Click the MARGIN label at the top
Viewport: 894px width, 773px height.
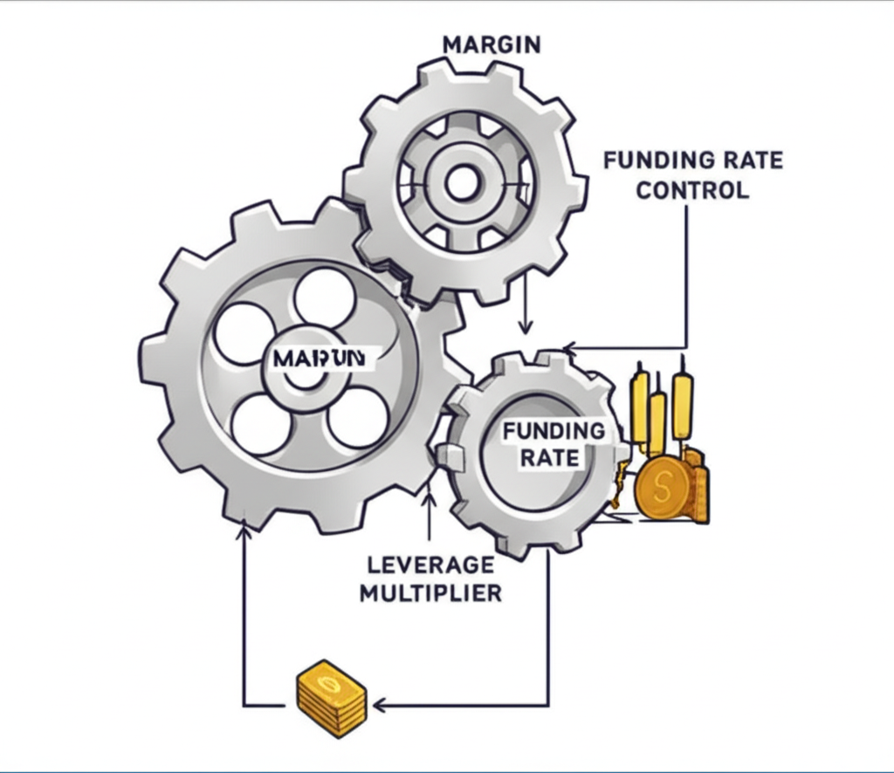pyautogui.click(x=492, y=44)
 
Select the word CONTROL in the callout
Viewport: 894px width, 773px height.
pyautogui.click(x=691, y=189)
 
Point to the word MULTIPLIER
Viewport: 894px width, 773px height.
pyautogui.click(x=430, y=593)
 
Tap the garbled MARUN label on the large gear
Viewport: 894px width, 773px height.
pyautogui.click(x=313, y=359)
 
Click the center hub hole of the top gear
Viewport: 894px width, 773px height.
pyautogui.click(x=462, y=182)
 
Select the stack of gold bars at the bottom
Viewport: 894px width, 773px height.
pyautogui.click(x=331, y=699)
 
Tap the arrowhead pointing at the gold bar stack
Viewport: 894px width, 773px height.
pyautogui.click(x=378, y=704)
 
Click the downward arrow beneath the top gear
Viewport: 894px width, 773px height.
pyautogui.click(x=525, y=326)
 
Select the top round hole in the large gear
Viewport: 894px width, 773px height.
pyautogui.click(x=325, y=298)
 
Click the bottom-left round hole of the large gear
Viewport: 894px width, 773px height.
pyautogui.click(x=262, y=423)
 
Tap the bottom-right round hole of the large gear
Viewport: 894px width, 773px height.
pyautogui.click(x=358, y=417)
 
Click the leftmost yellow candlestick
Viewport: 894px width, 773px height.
pyautogui.click(x=640, y=406)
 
